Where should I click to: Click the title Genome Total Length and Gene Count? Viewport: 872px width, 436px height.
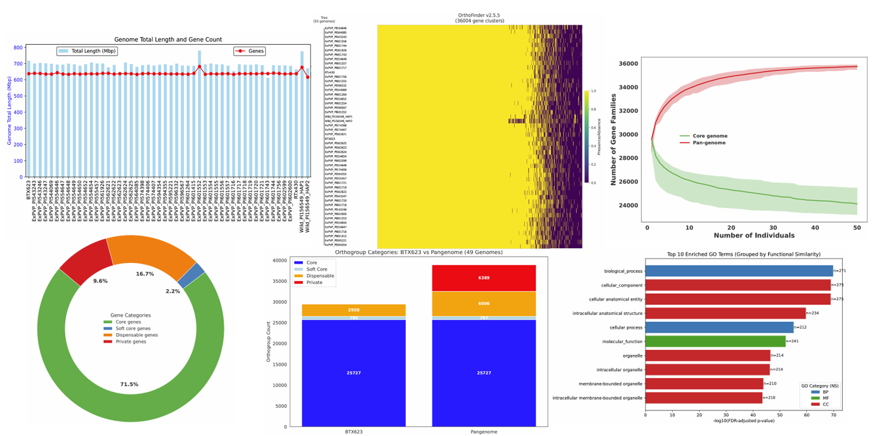168,40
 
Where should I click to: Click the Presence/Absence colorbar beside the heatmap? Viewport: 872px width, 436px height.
587,137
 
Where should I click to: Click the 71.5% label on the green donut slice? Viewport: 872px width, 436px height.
129,384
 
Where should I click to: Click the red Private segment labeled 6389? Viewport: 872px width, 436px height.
484,278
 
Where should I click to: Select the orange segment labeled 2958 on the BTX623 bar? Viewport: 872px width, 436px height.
353,310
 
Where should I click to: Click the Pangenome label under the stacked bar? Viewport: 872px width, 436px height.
484,432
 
